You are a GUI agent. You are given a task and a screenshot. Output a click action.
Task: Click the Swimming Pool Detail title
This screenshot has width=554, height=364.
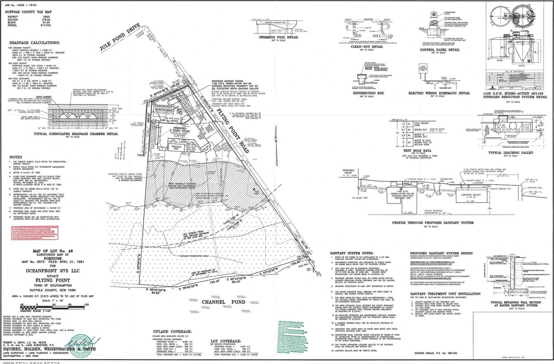tap(278, 37)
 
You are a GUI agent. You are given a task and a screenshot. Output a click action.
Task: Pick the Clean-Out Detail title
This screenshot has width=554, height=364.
tap(367, 47)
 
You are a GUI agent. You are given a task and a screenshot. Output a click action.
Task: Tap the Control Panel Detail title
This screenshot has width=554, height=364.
tap(440, 50)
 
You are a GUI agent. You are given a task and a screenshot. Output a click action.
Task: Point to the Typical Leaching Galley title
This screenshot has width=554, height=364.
tap(511, 153)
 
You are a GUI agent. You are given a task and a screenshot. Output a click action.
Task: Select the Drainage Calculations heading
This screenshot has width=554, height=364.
tap(34, 43)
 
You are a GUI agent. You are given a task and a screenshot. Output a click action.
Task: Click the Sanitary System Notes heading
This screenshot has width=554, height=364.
tap(352, 253)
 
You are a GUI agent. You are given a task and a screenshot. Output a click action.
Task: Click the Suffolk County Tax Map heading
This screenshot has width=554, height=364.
tap(28, 12)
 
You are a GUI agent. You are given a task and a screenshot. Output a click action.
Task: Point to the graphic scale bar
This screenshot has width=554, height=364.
tap(49, 307)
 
